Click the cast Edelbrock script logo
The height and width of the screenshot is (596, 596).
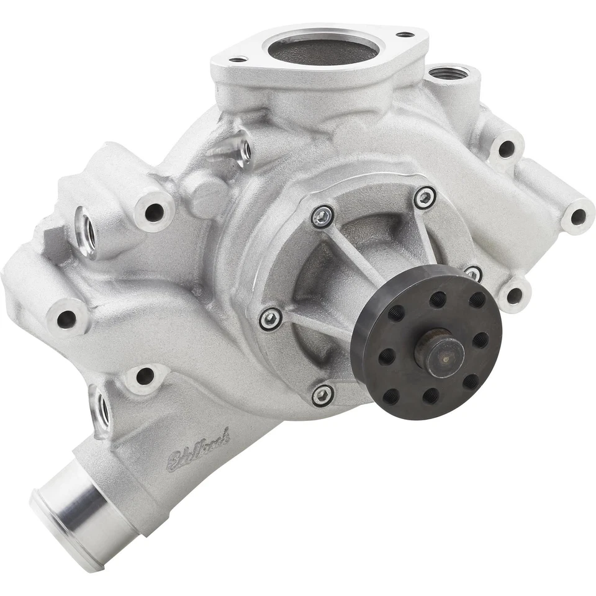click(x=197, y=448)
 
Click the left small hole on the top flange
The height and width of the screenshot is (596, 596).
click(x=237, y=60)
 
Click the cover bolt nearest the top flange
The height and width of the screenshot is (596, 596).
click(x=323, y=216)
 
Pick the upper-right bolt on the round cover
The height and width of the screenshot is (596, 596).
click(x=425, y=197)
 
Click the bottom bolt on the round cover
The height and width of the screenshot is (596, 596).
click(x=322, y=395)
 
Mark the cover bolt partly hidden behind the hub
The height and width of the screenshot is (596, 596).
click(x=473, y=273)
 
